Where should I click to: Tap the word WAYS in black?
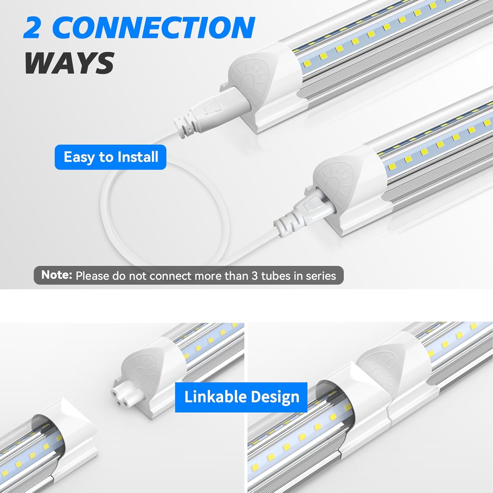(70, 63)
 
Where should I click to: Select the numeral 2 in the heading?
(32, 28)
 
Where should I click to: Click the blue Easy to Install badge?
(110, 157)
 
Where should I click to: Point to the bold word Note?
(57, 275)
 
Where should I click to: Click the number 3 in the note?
(255, 276)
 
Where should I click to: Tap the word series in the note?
(321, 276)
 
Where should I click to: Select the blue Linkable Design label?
(241, 397)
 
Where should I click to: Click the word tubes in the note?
(276, 276)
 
